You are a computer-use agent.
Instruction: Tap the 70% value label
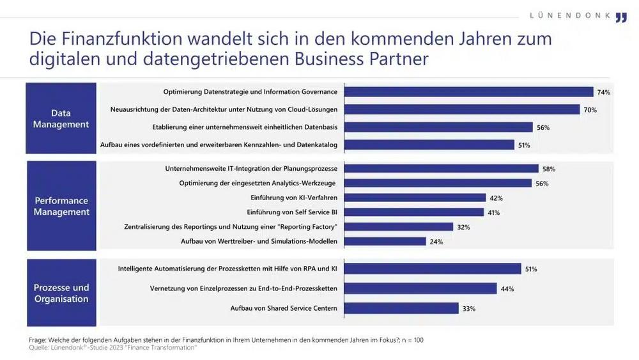tap(590, 110)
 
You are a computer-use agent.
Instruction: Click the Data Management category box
tap(61, 118)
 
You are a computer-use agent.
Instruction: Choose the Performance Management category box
tap(61, 206)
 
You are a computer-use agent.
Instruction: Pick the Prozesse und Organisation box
tap(61, 293)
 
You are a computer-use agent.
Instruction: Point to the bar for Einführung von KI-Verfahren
tap(415, 198)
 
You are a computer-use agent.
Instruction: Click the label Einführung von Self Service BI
tap(292, 212)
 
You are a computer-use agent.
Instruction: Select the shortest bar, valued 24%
tap(385, 241)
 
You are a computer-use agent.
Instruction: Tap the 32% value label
tap(463, 227)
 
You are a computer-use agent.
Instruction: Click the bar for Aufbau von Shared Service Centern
tap(401, 308)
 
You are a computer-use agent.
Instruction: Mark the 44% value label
tap(507, 289)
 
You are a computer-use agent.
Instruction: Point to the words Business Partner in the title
tap(361, 58)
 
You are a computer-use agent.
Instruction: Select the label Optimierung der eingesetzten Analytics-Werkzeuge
tap(258, 184)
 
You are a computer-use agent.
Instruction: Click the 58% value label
tap(548, 169)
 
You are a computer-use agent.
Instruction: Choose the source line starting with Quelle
tap(112, 347)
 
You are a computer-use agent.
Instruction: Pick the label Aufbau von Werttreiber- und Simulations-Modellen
tap(259, 241)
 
